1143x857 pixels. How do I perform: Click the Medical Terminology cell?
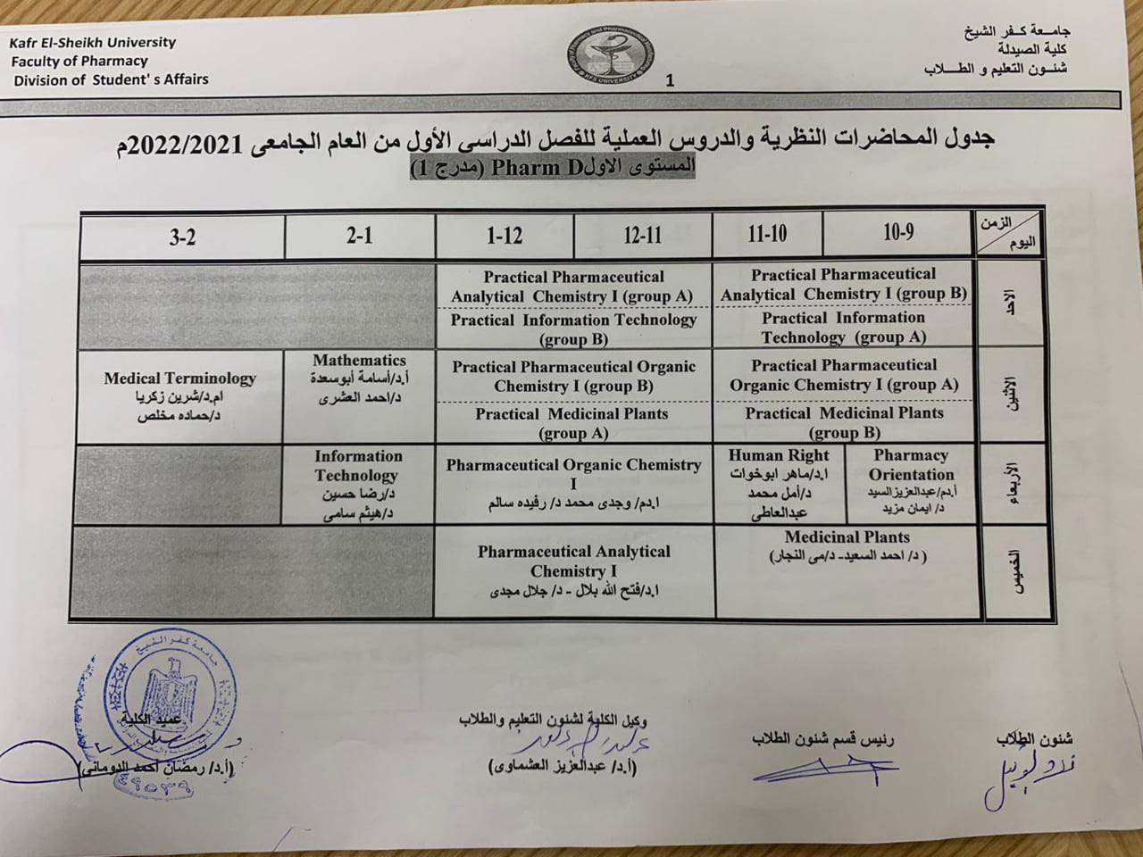179,396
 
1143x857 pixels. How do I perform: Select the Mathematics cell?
359,380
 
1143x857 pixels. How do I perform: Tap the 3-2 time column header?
182,237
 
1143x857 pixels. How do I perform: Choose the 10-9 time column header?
898,233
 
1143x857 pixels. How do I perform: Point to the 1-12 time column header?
505,236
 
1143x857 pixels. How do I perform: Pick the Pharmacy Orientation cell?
911,482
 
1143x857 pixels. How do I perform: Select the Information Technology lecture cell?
358,484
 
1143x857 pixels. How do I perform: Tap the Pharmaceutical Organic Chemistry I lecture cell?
574,483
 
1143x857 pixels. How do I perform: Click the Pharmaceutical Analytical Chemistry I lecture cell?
573,570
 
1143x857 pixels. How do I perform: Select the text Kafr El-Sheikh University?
94,42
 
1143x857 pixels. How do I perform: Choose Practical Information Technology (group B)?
573,329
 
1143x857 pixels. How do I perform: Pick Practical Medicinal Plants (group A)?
571,423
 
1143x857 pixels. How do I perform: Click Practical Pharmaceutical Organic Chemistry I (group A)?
844,375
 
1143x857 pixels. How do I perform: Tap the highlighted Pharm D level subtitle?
552,167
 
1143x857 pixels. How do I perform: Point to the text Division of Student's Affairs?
111,79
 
